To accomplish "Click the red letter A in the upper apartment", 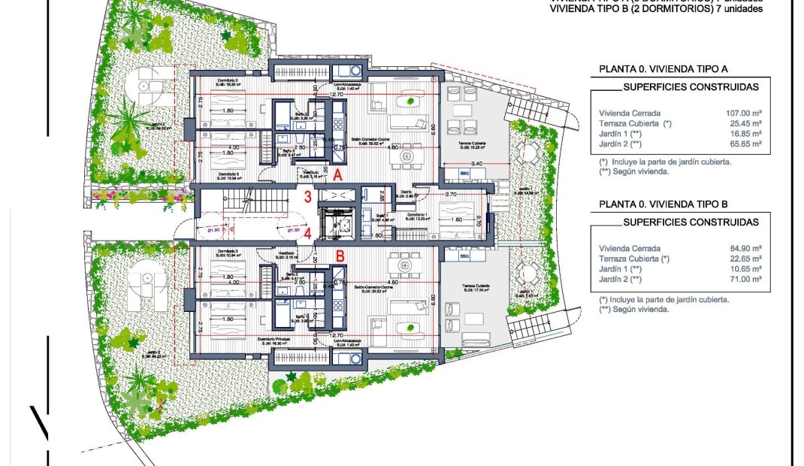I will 338,174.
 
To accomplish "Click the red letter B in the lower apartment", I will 340,256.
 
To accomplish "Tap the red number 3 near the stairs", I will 308,198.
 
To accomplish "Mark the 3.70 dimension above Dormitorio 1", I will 451,194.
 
